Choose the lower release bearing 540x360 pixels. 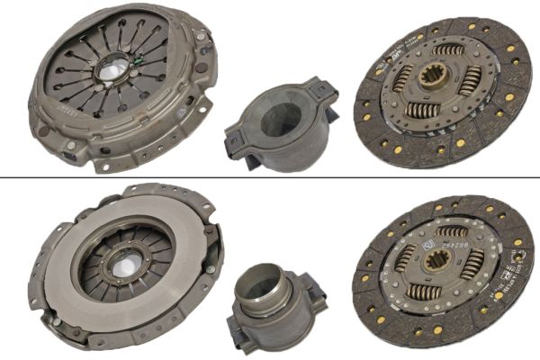[x=271, y=302]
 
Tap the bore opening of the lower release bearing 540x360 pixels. [x=264, y=286]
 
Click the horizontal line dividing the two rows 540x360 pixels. [x=270, y=178]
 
